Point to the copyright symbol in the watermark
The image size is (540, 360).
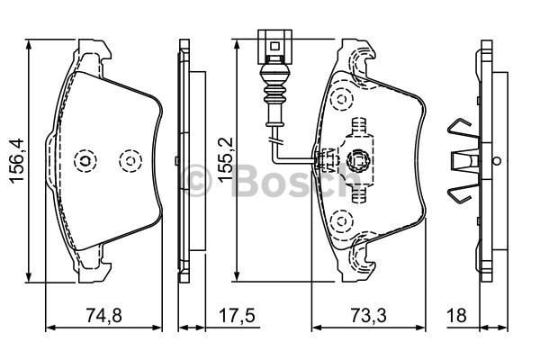201,180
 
